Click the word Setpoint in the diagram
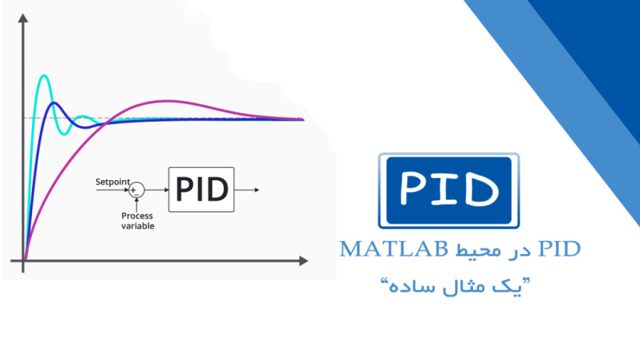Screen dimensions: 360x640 tap(112, 182)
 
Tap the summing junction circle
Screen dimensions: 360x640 tap(137, 190)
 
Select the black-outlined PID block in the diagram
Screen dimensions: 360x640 tap(201, 189)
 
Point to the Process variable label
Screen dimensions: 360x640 tap(137, 221)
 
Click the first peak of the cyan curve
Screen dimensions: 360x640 tap(45, 75)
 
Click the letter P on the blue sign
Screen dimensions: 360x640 tap(415, 189)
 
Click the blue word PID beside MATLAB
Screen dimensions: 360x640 tap(560, 249)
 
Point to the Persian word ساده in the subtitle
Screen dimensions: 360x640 tap(405, 288)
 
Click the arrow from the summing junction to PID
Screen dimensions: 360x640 tap(156, 190)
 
